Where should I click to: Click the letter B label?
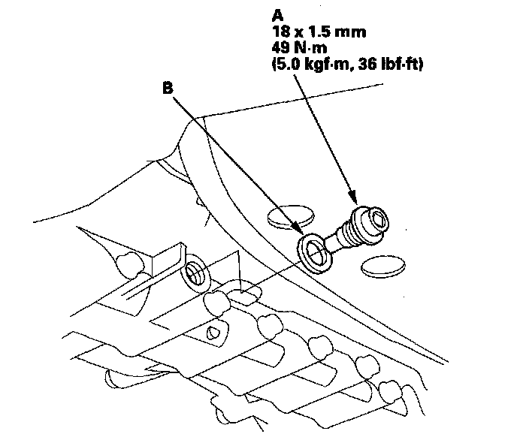(x=168, y=87)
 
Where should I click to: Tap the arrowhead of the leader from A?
(x=352, y=201)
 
